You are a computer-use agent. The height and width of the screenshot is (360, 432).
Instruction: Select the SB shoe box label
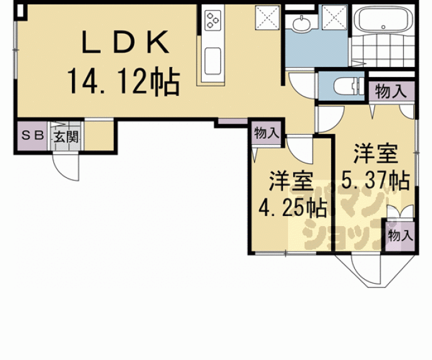click(x=31, y=136)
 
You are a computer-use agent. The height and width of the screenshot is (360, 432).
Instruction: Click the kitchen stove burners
click(x=213, y=19)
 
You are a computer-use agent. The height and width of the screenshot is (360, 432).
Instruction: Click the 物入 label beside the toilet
click(x=391, y=91)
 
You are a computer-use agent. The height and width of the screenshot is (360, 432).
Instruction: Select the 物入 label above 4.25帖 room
click(x=266, y=133)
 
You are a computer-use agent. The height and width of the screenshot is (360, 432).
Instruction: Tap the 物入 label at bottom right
click(x=399, y=235)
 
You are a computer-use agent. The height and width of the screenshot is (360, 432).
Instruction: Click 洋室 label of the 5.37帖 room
click(x=374, y=153)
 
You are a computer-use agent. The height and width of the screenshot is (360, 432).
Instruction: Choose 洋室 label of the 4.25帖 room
click(x=292, y=181)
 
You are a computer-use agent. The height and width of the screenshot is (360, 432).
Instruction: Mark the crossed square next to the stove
click(x=268, y=18)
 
